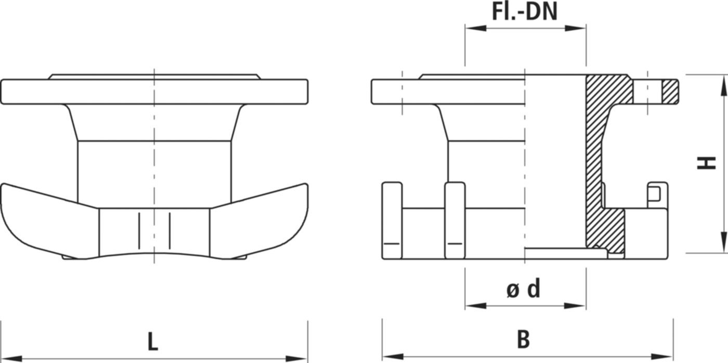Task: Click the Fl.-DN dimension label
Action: click(x=525, y=11)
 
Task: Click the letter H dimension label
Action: click(x=707, y=164)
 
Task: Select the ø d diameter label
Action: click(x=524, y=289)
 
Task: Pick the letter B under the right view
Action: click(x=524, y=340)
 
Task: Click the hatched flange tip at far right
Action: click(x=670, y=92)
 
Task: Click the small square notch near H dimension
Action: click(x=656, y=193)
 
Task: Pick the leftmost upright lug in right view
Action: click(x=392, y=219)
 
